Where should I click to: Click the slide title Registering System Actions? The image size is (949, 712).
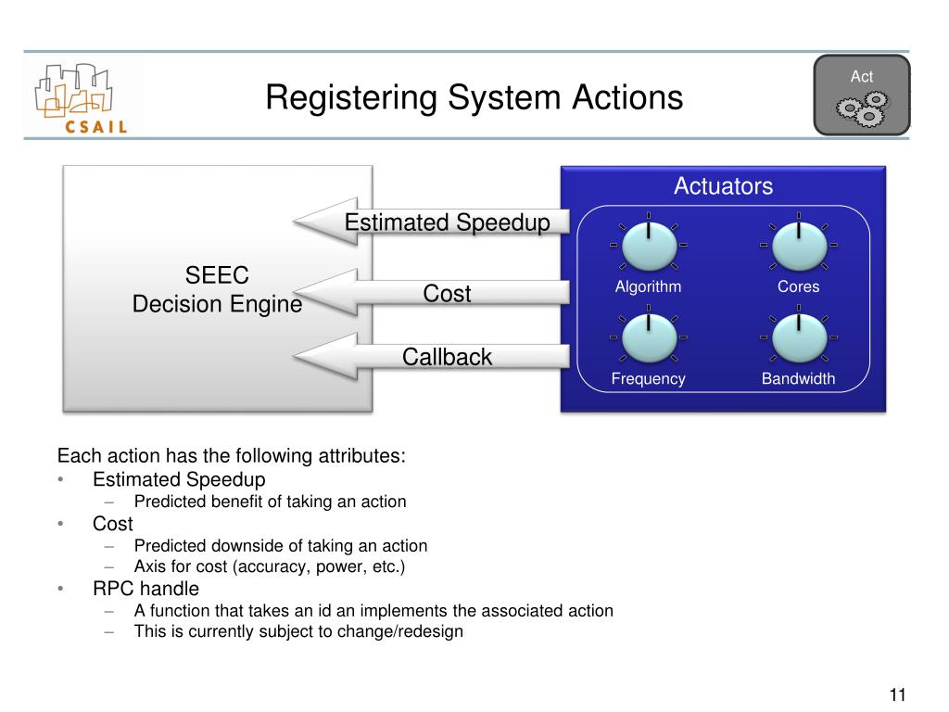coord(474,97)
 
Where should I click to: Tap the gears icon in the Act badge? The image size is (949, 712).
coord(863,109)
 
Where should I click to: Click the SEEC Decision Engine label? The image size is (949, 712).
coord(217,289)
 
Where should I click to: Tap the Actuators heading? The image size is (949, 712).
coord(723,186)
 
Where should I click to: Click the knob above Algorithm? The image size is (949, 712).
coord(648,245)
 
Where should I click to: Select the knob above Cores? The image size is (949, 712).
coord(798,245)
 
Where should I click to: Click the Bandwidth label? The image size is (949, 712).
coord(798,378)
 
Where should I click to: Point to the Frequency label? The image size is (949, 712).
coord(648,378)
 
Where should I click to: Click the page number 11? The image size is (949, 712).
coord(896,695)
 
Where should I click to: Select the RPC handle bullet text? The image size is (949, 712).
coord(146,589)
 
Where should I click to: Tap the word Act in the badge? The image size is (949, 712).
coord(862,77)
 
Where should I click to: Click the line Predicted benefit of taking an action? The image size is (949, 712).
coord(270,502)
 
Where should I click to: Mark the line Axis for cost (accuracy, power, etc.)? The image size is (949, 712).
coord(270,566)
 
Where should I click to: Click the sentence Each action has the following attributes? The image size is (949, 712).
coord(232,456)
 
